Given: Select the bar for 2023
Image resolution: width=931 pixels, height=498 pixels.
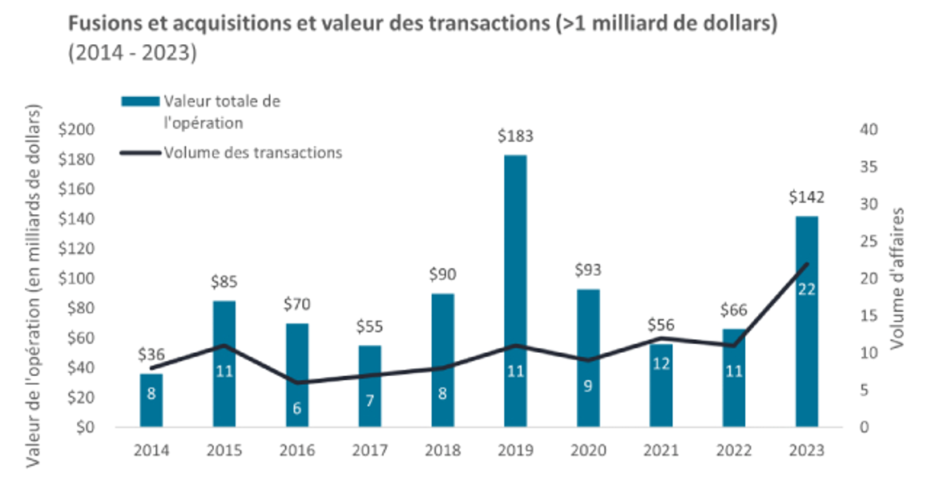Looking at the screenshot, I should point(807,321).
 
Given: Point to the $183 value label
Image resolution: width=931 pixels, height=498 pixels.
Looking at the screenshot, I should point(515,136).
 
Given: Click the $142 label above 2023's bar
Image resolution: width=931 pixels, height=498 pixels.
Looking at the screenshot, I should point(807,197).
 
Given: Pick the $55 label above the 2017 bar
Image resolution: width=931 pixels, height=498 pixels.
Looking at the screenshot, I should point(370,326).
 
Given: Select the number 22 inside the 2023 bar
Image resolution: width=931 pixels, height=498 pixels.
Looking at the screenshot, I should point(807,289).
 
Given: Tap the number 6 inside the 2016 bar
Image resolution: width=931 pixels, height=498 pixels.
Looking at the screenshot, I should point(297,407).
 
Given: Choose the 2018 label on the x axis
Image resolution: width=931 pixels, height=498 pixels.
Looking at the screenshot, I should point(442,451).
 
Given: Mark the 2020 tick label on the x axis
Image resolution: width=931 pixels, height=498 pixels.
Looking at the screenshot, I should point(588,451).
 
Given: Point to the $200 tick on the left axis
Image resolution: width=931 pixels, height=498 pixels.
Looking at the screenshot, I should point(77,130).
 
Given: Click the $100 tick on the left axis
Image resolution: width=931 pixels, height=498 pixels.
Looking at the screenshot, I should point(77,278).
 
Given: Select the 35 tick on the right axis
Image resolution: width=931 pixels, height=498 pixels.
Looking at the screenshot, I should point(869,167).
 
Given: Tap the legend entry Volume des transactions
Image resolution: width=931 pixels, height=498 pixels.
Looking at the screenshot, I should point(252,152).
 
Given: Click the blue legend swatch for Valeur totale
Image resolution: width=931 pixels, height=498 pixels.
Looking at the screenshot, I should point(140,101).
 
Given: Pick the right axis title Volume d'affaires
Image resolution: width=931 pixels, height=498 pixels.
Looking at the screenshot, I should point(897,277).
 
